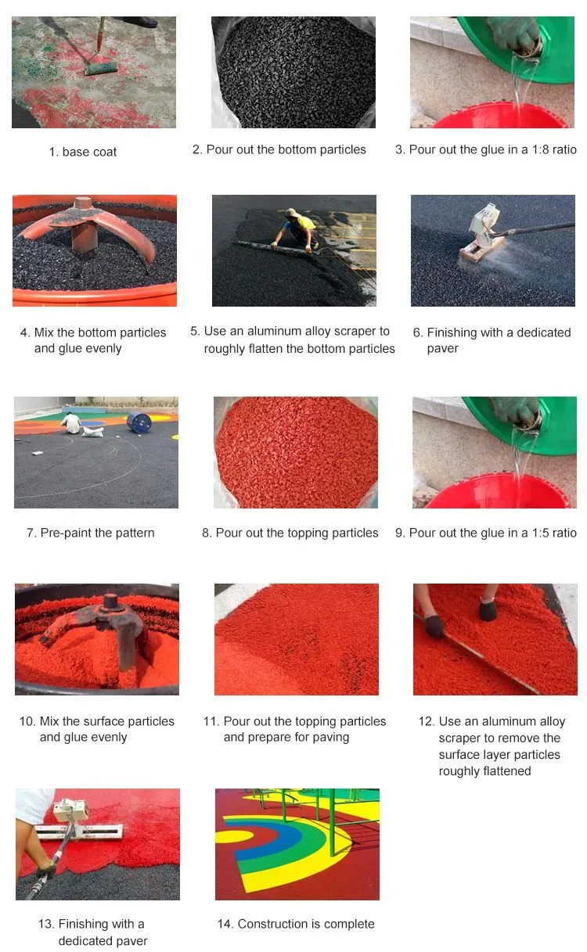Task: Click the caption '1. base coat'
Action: (82, 152)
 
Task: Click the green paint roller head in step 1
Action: (101, 69)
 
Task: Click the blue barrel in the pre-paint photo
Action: (139, 422)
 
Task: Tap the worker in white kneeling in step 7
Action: (71, 423)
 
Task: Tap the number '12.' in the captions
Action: (427, 721)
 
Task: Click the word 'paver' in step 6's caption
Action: (442, 349)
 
